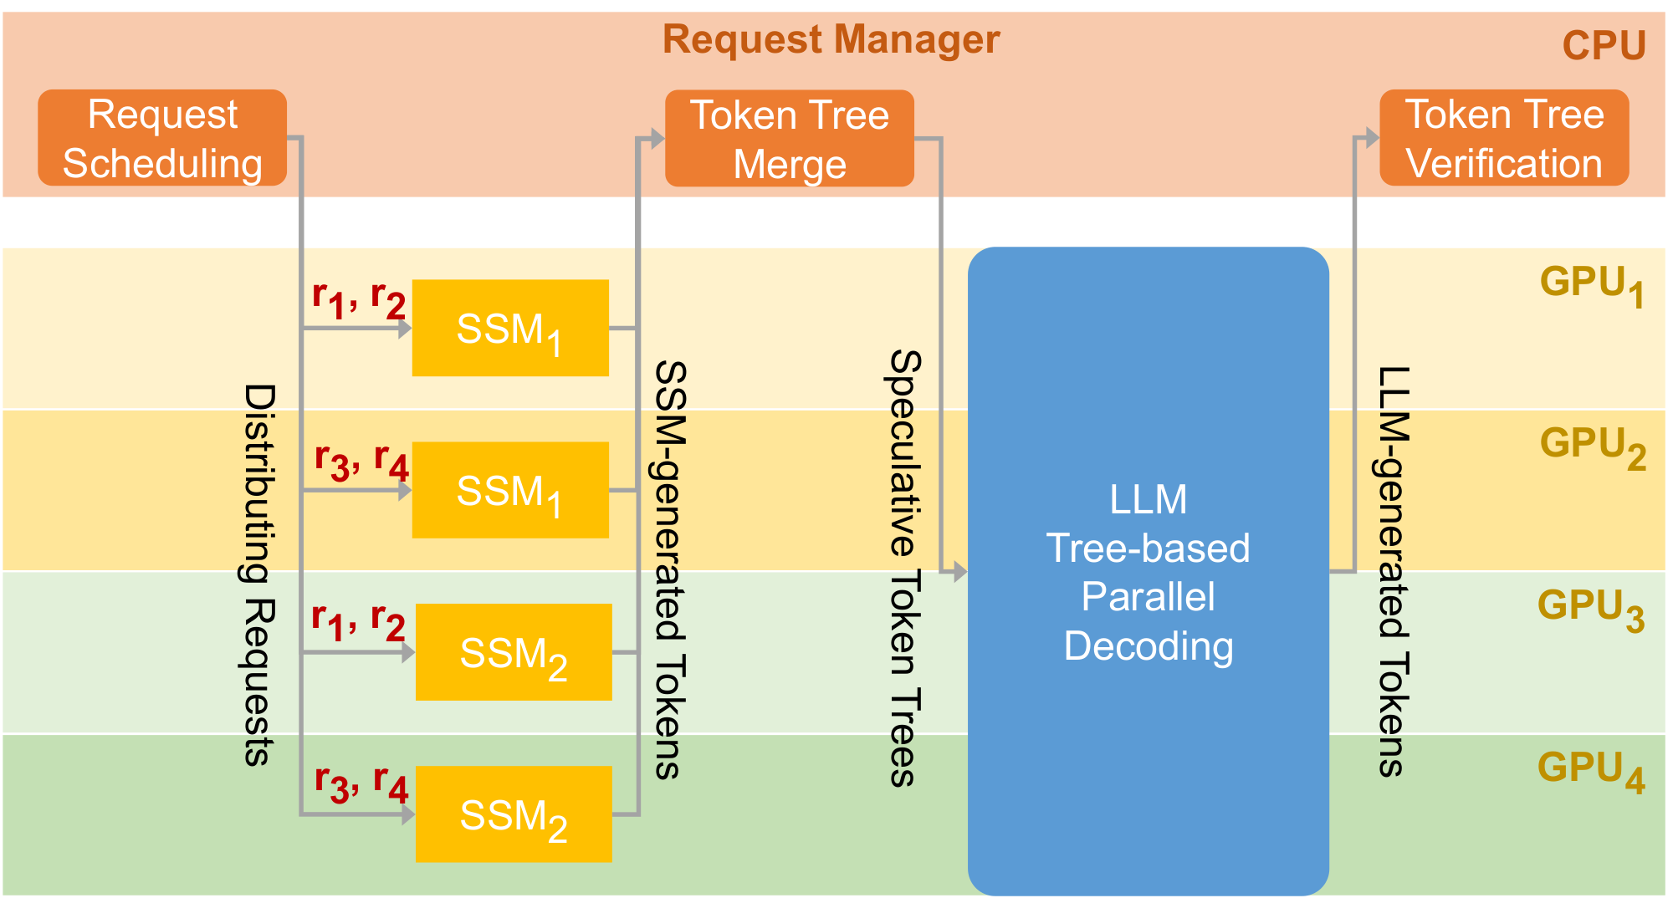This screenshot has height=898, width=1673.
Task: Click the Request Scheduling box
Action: pos(162,138)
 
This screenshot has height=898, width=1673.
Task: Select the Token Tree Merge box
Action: pos(789,139)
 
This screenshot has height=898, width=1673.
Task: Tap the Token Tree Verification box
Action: pos(1503,138)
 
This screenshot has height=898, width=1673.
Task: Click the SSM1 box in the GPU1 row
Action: pos(509,328)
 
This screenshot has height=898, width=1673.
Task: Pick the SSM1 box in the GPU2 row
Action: pos(509,490)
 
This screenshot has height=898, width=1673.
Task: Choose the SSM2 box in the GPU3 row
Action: pos(513,652)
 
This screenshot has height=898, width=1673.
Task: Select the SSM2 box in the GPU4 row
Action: pos(513,814)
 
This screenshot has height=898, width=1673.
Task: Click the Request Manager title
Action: pos(831,39)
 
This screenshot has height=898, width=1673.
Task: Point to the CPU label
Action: pos(1604,46)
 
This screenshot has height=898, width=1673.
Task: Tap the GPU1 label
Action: pos(1591,285)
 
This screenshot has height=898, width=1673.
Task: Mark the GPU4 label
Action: pos(1590,770)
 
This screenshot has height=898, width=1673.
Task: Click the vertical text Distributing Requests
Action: pos(258,575)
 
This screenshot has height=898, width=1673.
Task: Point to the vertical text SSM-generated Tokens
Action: pos(669,570)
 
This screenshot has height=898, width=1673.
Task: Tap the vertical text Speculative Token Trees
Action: pos(903,569)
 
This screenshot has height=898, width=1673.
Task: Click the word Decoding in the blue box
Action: pos(1148,646)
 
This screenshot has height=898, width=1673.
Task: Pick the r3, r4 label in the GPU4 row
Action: pos(361,783)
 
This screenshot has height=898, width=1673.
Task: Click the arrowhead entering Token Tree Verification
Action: pos(1370,138)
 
